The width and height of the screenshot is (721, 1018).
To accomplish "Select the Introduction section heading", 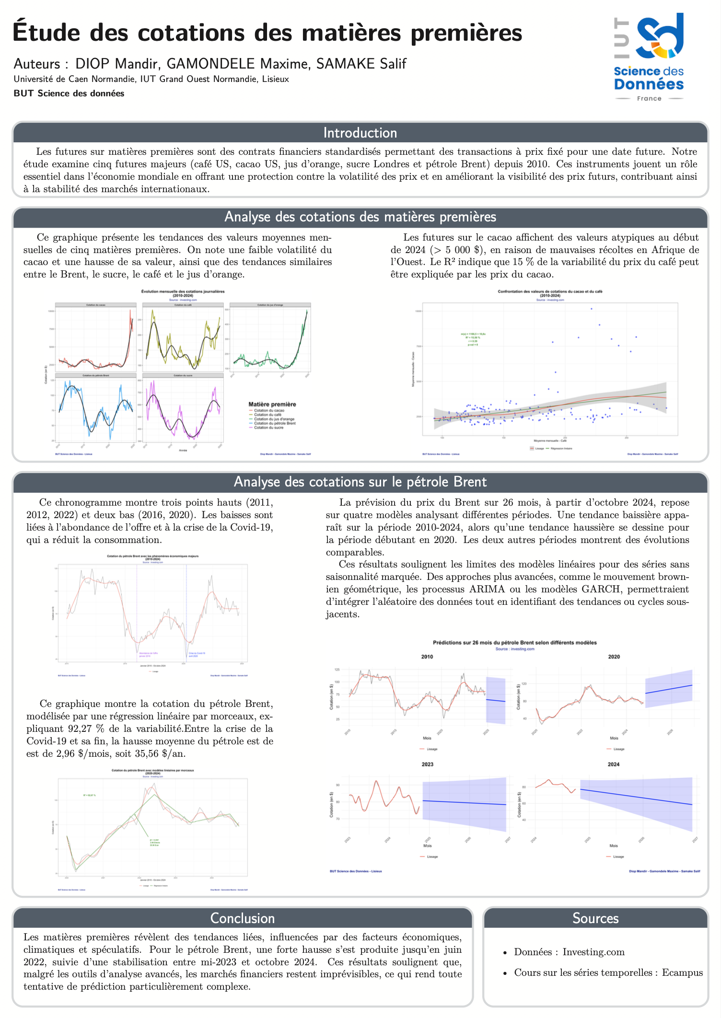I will coord(360,133).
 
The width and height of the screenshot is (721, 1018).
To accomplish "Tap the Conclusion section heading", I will coord(243,918).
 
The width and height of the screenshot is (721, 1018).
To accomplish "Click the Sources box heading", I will coord(595,918).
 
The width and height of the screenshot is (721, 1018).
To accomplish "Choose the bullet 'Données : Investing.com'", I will coord(569,952).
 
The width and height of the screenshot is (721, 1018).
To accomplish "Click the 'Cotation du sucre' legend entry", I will coord(268,428).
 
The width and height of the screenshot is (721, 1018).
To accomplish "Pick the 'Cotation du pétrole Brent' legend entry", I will coord(274,423).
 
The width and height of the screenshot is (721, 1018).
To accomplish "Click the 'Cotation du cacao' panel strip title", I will coord(96,305).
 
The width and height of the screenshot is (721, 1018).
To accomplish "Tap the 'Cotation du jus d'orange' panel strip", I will coord(270,305).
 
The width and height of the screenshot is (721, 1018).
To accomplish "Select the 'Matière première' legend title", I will coord(272,405).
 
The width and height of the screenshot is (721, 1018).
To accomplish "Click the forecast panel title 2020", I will coord(614,657).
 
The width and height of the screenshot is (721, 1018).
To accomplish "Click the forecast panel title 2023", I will coord(427,764).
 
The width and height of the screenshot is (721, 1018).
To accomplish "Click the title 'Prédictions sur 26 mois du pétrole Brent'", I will coord(514,643).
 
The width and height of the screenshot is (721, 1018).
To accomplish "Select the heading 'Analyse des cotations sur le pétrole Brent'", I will coord(360,482).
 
